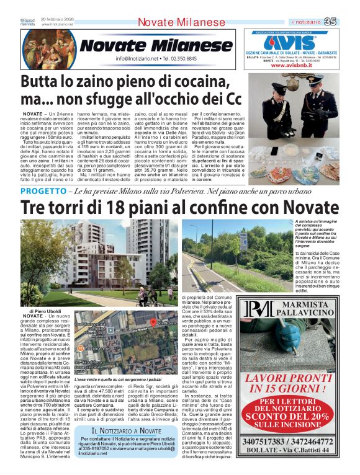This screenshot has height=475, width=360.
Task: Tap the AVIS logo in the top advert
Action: tap(289, 42)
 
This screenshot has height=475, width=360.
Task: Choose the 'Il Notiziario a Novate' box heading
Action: tap(127, 413)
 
